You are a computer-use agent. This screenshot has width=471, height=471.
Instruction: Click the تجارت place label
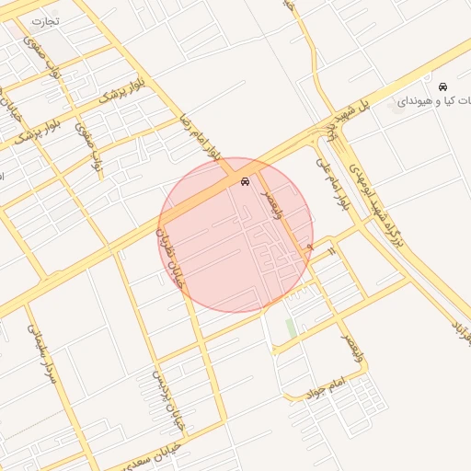[43, 19]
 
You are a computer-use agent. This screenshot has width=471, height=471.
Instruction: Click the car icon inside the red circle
[244, 182]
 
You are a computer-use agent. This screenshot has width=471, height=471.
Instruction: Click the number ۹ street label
[311, 247]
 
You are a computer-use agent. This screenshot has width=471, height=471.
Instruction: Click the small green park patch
[291, 327]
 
